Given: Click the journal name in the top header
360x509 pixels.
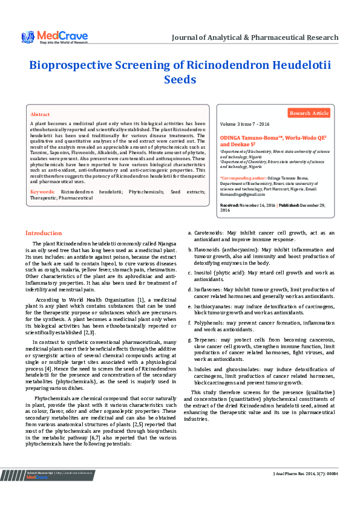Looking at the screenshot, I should coord(255,37).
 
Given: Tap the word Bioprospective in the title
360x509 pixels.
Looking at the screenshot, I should coord(80,66).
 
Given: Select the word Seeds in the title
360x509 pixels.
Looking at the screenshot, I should coord(180,79).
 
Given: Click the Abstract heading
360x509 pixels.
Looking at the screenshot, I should coord(40,114).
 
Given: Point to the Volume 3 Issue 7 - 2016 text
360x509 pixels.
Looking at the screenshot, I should coord(245,123).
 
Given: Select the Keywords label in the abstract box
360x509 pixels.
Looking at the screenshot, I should coord(42,192).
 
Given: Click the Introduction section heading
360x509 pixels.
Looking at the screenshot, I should coord(43,233).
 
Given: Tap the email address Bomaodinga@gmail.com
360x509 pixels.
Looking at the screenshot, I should coord(243,194).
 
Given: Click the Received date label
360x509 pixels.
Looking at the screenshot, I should coord(230,206).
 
